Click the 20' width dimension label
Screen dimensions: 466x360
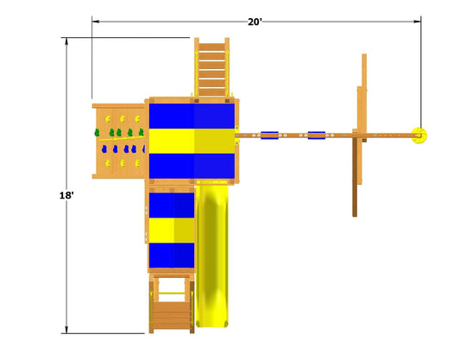click(255, 22)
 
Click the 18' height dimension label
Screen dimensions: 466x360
click(66, 195)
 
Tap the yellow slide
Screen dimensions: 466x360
click(212, 256)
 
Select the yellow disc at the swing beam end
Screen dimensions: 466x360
click(419, 136)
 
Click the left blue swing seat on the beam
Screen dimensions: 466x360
click(269, 136)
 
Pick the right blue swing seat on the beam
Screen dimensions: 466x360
click(317, 136)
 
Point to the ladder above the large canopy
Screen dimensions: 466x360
click(212, 67)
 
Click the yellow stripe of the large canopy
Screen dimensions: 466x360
click(192, 141)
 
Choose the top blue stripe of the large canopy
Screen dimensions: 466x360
click(192, 116)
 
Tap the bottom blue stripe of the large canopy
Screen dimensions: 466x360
click(192, 166)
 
